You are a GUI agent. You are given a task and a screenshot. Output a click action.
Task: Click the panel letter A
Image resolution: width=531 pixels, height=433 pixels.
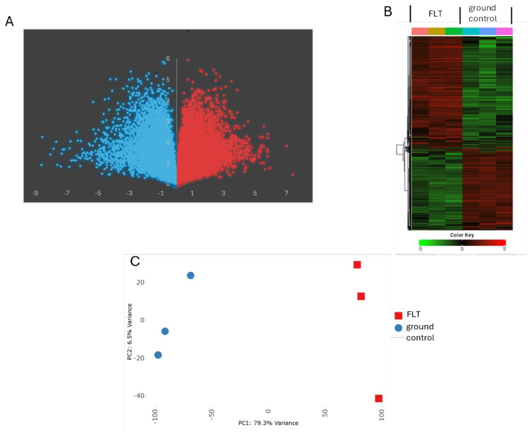pyautogui.click(x=10, y=21)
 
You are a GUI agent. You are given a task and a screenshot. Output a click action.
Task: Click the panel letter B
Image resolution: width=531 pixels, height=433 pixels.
pyautogui.click(x=388, y=12)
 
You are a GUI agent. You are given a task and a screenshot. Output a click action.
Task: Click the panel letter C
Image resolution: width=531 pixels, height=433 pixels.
pyautogui.click(x=135, y=261)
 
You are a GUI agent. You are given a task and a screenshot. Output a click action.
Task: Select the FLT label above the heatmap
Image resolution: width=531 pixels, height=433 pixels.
pyautogui.click(x=435, y=14)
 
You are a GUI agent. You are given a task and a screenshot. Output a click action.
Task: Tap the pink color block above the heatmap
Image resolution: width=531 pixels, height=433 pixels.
pyautogui.click(x=504, y=31)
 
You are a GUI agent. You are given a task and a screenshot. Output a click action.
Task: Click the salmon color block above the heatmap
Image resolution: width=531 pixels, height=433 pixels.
pyautogui.click(x=420, y=31)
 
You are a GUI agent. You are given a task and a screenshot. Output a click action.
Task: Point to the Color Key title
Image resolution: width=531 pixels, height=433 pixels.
pyautogui.click(x=462, y=235)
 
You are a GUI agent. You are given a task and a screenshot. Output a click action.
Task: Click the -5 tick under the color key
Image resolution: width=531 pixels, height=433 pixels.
pyautogui.click(x=420, y=249)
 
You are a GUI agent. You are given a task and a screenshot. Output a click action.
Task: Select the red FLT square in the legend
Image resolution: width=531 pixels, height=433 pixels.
pyautogui.click(x=398, y=315)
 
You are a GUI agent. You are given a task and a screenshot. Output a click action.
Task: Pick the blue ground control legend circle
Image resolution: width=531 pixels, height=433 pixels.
pyautogui.click(x=398, y=327)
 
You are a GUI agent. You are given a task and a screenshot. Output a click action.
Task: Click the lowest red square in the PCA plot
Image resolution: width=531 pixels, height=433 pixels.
pyautogui.click(x=379, y=398)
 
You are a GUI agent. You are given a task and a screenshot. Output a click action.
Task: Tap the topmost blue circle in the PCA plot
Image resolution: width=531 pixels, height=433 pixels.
pyautogui.click(x=191, y=275)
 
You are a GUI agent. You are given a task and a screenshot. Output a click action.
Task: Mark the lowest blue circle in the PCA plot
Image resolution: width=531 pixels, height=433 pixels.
pyautogui.click(x=158, y=355)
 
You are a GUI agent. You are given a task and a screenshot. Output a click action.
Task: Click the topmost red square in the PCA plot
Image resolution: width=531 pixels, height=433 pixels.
pyautogui.click(x=357, y=265)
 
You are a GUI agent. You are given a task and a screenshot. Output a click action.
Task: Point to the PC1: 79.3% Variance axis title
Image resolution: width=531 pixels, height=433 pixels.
pyautogui.click(x=268, y=423)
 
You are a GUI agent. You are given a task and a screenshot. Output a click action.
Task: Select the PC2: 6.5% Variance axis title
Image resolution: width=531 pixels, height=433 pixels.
pyautogui.click(x=130, y=332)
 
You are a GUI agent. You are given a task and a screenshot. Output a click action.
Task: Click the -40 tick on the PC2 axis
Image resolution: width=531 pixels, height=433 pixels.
pyautogui.click(x=140, y=396)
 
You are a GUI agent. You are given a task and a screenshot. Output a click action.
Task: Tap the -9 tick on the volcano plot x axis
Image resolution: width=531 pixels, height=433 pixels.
pyautogui.click(x=35, y=193)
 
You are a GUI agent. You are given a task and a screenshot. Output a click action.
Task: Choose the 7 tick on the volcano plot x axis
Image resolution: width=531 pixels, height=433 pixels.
pyautogui.click(x=287, y=193)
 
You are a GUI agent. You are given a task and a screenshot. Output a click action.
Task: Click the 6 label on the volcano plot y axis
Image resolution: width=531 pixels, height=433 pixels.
pyautogui.click(x=168, y=59)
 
